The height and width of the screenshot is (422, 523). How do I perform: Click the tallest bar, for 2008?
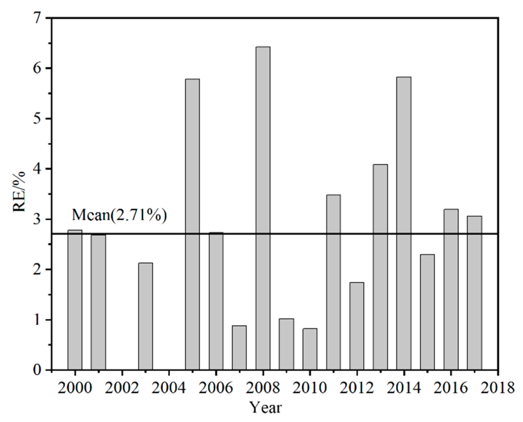[x=263, y=208]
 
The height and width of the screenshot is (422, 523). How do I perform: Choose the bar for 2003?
[x=146, y=316]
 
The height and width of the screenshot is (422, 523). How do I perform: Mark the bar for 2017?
[x=474, y=293]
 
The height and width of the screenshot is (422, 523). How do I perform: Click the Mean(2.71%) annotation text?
[x=119, y=215]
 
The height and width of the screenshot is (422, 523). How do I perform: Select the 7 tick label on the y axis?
[x=41, y=19]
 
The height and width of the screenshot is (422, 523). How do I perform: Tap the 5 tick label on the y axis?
[x=41, y=119]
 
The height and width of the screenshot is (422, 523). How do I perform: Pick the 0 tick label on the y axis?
[x=41, y=370]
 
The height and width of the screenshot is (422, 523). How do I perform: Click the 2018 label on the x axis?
[x=498, y=387]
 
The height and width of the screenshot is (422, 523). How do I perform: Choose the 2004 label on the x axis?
[x=169, y=387]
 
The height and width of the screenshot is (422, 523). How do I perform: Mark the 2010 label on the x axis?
[x=310, y=387]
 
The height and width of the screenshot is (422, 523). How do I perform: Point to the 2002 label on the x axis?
[x=122, y=387]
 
